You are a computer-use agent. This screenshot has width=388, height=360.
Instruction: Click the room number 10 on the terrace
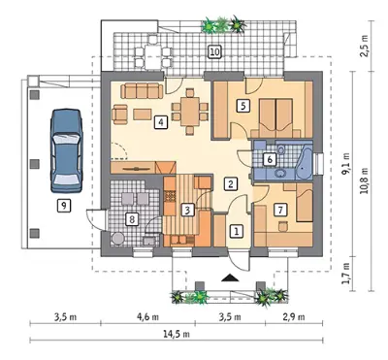click(215, 51)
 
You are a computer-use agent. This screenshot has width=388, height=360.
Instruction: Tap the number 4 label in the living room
click(161, 122)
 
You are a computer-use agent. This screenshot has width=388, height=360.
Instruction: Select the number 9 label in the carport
click(64, 205)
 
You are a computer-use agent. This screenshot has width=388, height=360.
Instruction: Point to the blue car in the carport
click(66, 151)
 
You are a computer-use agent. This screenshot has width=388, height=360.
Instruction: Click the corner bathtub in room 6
click(304, 163)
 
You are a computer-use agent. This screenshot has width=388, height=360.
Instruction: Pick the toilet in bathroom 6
click(281, 149)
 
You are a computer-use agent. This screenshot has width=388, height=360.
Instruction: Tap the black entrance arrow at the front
click(230, 278)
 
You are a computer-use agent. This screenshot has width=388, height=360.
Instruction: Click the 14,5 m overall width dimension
click(177, 334)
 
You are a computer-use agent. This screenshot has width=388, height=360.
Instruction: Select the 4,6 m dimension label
click(147, 317)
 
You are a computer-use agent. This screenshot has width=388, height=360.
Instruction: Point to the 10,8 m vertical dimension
click(365, 180)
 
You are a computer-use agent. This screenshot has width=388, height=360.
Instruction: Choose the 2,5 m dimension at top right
click(365, 47)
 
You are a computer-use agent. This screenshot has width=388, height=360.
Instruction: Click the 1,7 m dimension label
click(346, 273)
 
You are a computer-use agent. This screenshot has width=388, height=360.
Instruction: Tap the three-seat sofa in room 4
click(142, 91)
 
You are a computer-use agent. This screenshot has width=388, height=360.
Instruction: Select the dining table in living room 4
click(190, 112)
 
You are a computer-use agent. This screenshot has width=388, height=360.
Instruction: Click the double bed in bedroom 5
click(276, 118)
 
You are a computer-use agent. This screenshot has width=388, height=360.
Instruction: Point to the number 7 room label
click(280, 211)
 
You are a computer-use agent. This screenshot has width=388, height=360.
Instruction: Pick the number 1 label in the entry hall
click(237, 231)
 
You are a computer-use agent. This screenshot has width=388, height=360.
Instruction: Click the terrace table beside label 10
click(151, 57)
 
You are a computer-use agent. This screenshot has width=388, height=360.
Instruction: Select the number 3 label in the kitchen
click(187, 211)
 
